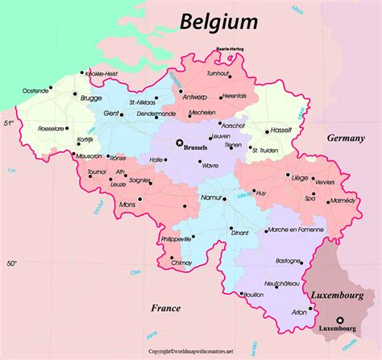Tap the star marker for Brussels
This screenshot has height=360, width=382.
tap(180, 143)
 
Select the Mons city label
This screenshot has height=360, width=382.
tap(127, 205)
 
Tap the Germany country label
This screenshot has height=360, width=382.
tap(346, 139)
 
